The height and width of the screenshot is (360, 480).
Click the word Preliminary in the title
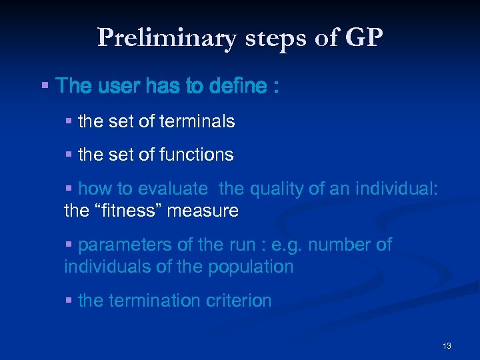167,38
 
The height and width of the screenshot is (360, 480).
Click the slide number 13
447,346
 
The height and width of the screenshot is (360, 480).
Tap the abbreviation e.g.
290,245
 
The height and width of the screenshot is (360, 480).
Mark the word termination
151,301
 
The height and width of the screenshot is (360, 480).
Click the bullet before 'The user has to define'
45,86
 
